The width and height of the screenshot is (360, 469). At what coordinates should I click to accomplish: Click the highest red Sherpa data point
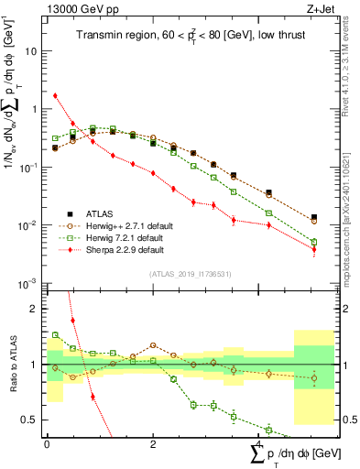click(56, 95)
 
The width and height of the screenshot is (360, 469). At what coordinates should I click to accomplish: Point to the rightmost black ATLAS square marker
click(314, 218)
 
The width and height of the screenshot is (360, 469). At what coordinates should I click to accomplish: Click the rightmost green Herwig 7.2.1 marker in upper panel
click(314, 243)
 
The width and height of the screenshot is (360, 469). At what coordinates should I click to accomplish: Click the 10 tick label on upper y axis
click(30, 51)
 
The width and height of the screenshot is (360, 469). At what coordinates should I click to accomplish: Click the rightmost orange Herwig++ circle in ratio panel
click(314, 378)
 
